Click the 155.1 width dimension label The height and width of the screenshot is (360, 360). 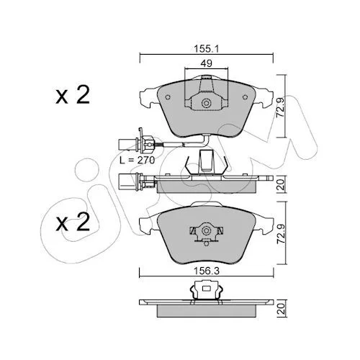207,49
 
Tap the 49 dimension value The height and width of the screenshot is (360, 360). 206,63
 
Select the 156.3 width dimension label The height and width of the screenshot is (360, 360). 207,271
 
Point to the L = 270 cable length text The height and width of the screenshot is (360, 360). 138,160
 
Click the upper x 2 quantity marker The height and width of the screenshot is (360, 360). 73,95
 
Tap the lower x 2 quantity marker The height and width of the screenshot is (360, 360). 73,222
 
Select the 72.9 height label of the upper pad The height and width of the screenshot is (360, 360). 280,107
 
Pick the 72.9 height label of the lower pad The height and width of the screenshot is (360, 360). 280,234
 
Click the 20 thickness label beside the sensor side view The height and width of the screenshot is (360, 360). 281,184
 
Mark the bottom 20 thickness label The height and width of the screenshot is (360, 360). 281,309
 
